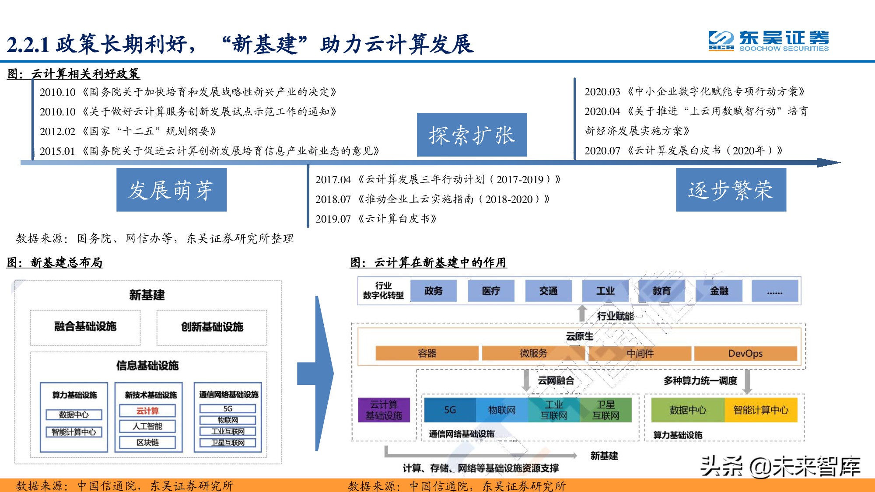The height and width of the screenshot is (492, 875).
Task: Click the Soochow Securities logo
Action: (x=768, y=41)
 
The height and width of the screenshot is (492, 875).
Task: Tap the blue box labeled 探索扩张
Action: (x=472, y=135)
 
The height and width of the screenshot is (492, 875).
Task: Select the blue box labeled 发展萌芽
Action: (x=171, y=190)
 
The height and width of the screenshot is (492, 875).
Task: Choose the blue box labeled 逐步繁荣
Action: (x=731, y=190)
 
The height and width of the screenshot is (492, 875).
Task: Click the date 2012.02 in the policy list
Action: (x=57, y=131)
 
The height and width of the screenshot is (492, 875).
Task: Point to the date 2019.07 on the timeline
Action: (x=333, y=219)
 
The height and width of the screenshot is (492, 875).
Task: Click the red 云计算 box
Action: (x=147, y=411)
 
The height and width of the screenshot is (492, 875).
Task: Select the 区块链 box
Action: (x=147, y=442)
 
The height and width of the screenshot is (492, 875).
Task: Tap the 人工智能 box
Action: (x=147, y=426)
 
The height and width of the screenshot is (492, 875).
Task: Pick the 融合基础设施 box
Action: (x=85, y=327)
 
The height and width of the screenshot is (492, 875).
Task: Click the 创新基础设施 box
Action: (x=212, y=327)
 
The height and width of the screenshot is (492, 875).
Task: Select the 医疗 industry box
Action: (x=491, y=291)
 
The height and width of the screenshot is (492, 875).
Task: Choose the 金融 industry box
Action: (x=719, y=291)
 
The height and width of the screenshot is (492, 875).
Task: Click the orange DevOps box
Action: (x=745, y=353)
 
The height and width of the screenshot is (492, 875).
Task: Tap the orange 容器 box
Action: (x=427, y=353)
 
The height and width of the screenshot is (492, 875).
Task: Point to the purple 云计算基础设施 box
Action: (x=384, y=410)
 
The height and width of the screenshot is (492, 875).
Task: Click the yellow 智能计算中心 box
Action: (x=761, y=410)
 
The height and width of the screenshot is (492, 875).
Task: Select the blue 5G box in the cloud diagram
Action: (x=450, y=410)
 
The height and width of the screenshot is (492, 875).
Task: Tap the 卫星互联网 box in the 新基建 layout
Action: (x=228, y=443)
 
